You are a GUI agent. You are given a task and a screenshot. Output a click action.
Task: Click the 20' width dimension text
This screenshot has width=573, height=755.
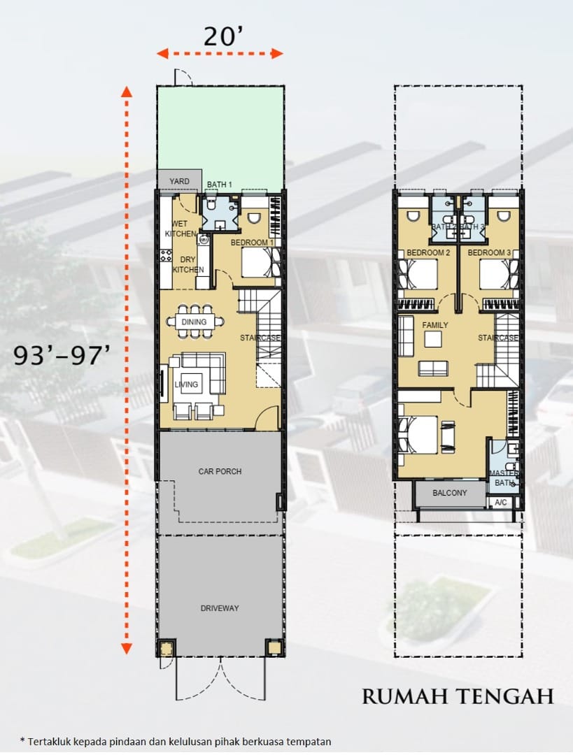[x=223, y=36]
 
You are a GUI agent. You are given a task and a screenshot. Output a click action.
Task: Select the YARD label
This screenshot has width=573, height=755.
[x=179, y=182]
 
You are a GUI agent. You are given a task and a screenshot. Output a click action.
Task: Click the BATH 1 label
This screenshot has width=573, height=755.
[x=219, y=185]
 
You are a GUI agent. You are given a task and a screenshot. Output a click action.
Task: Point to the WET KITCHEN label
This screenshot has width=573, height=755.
[x=181, y=229]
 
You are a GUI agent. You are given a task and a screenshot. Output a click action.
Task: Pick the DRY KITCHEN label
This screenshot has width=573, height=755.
[x=188, y=265]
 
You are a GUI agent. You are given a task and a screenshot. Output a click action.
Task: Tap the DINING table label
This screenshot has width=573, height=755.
[x=194, y=322]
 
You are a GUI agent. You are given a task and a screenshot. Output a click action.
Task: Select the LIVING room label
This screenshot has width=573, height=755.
[x=186, y=384]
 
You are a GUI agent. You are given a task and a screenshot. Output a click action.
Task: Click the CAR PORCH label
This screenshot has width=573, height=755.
[x=220, y=471]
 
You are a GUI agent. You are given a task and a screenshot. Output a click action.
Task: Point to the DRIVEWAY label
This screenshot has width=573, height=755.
[x=220, y=608]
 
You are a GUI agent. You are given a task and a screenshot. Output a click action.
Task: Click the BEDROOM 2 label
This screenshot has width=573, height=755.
[x=428, y=253]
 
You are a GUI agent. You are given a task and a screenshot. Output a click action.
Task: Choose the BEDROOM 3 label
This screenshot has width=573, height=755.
[x=489, y=253]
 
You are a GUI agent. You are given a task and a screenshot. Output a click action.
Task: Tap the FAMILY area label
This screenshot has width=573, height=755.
[x=435, y=325]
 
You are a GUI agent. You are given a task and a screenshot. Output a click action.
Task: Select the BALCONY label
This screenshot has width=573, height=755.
[x=450, y=493]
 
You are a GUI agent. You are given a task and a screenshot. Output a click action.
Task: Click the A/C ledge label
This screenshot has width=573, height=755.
[x=501, y=503]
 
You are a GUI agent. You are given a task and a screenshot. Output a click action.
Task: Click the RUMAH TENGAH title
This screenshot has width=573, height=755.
[x=458, y=697]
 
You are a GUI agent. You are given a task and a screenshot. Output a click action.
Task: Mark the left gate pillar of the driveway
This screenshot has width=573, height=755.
[x=166, y=648]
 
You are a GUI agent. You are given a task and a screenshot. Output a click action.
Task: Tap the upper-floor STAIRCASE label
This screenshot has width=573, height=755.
[x=498, y=338]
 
